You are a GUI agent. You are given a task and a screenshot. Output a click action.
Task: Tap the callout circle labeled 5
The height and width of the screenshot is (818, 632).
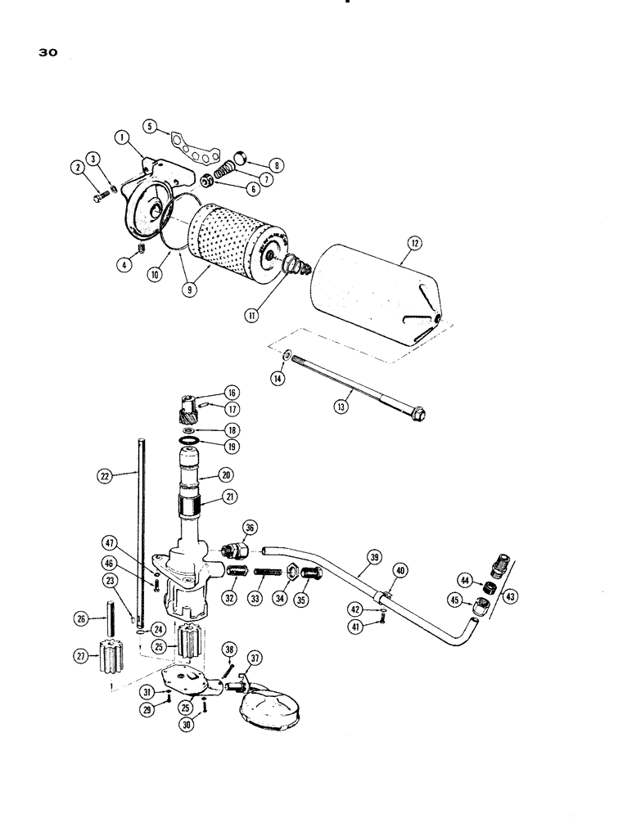150,126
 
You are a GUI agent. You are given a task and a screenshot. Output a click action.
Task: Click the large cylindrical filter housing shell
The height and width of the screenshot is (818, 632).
377,286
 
